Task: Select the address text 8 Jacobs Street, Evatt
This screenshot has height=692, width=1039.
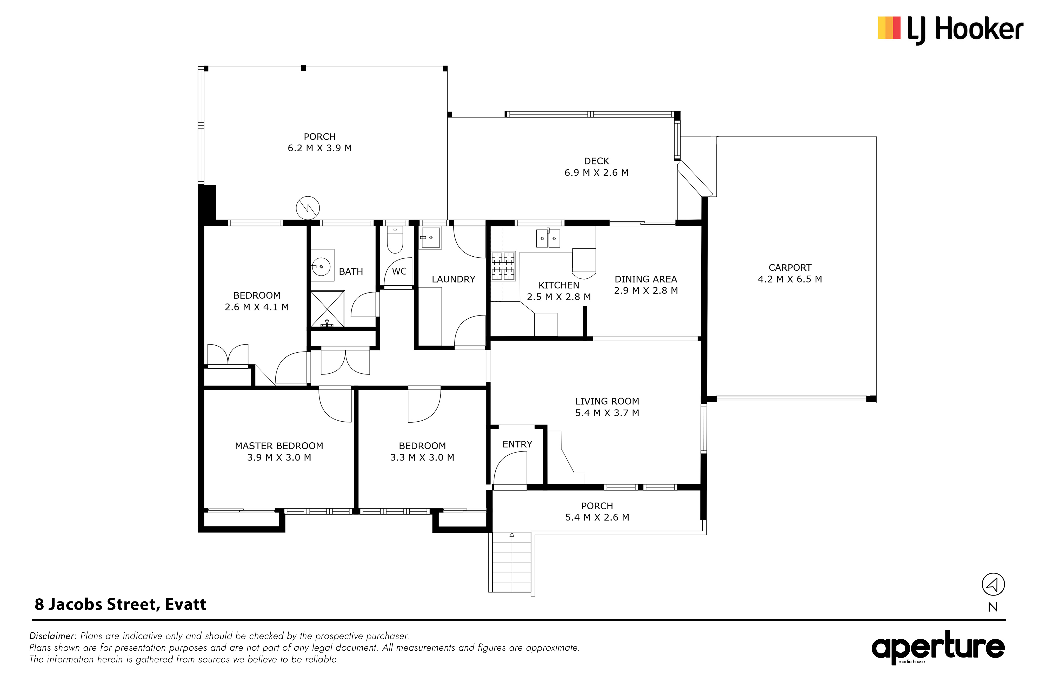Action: [x=121, y=604]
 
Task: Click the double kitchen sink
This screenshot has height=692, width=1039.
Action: [x=548, y=238]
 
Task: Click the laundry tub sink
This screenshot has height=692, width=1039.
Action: [x=430, y=238]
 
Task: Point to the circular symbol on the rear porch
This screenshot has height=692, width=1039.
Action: [x=308, y=208]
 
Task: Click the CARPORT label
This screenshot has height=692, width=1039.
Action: [x=790, y=268]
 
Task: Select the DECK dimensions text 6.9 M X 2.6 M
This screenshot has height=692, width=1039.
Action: [x=596, y=173]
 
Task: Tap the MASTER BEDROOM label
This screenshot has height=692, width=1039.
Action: [x=279, y=446]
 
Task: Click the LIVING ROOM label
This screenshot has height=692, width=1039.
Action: [x=607, y=401]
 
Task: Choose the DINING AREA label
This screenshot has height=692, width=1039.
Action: [x=646, y=279]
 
